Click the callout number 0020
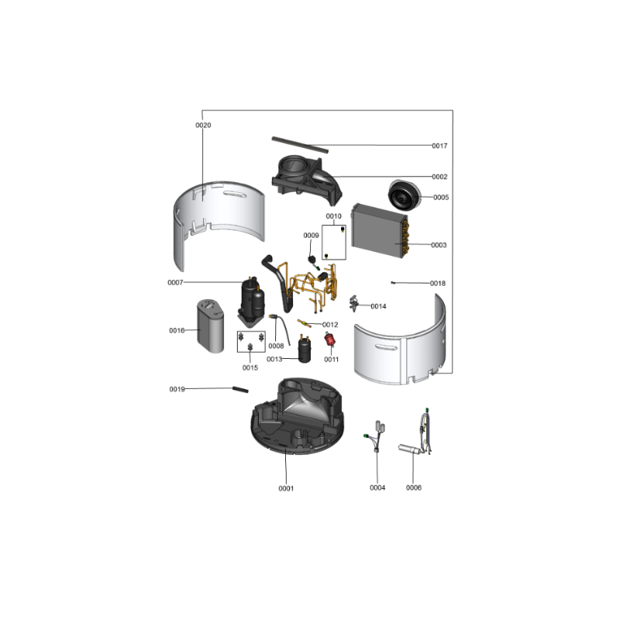(203, 126)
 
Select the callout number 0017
(439, 146)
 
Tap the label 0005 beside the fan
(441, 198)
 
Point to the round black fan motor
(404, 195)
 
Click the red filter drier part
(329, 339)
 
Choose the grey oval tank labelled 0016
(210, 326)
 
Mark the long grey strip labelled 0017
(300, 145)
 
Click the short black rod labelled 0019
(240, 390)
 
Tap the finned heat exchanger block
(380, 230)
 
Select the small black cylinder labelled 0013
(304, 350)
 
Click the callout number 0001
(286, 489)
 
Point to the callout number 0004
(377, 488)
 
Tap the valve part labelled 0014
(354, 303)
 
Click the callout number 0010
(333, 216)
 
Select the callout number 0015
(250, 367)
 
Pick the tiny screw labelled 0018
(393, 283)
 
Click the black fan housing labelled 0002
(306, 179)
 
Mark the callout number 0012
(330, 325)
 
